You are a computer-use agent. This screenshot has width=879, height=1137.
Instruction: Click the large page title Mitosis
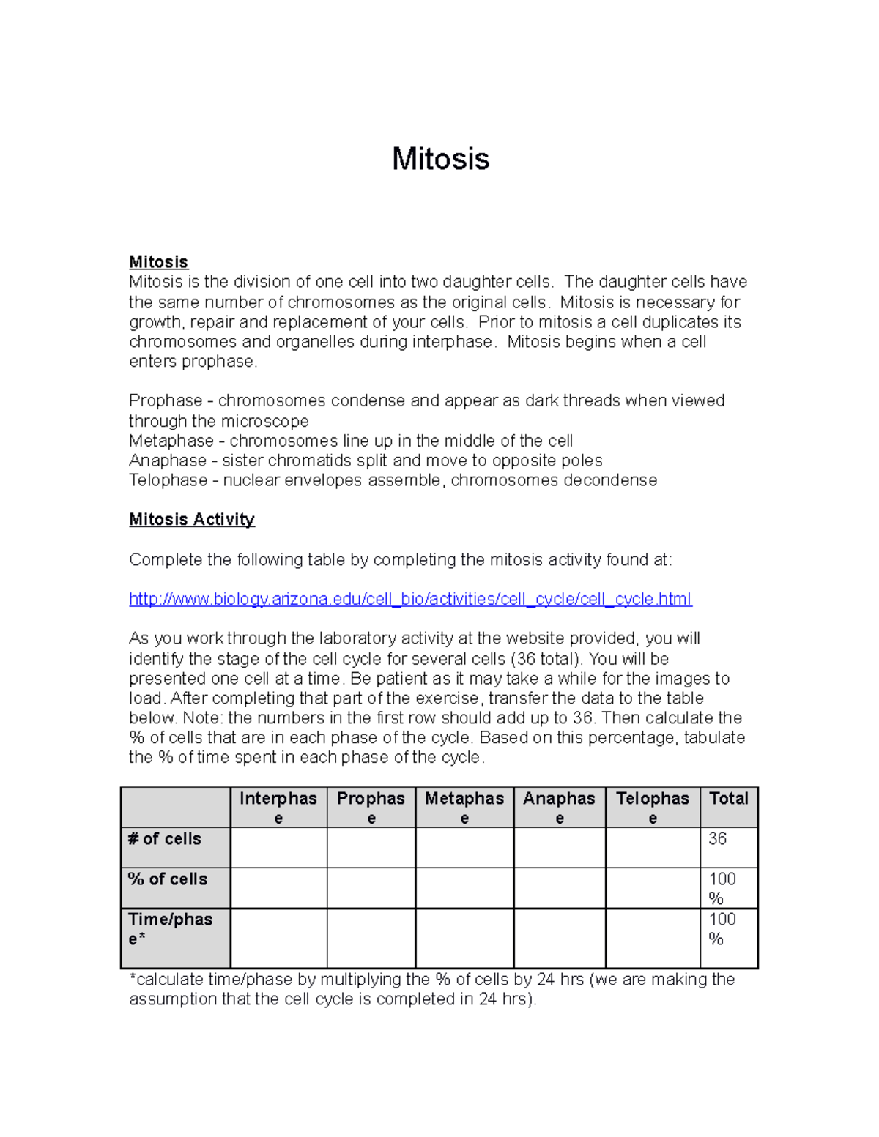[x=440, y=159]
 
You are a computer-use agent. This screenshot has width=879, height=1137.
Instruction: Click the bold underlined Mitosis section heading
[x=158, y=262]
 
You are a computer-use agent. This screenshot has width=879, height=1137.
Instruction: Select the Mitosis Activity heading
[x=191, y=519]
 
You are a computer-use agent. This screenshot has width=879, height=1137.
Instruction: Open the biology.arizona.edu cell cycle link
[x=410, y=599]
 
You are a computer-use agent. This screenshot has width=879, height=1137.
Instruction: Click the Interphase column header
[x=278, y=808]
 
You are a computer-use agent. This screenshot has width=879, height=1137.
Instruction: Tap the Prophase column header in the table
[x=371, y=808]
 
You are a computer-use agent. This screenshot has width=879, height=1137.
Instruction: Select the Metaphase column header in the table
[x=464, y=808]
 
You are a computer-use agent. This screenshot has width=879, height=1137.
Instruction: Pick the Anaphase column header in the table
[x=559, y=808]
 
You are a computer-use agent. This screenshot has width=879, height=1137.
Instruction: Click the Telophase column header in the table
[x=653, y=808]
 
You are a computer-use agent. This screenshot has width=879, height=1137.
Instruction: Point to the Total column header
[x=728, y=799]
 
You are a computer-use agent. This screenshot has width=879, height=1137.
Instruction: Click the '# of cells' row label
[x=165, y=839]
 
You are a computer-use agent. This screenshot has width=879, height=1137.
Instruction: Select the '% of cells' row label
[x=168, y=879]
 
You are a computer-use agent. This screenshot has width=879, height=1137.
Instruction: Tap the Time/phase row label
[x=170, y=928]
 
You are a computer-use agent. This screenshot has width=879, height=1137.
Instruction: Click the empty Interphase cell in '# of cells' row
[x=278, y=848]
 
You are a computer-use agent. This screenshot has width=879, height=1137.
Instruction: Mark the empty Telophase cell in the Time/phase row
[x=653, y=938]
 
